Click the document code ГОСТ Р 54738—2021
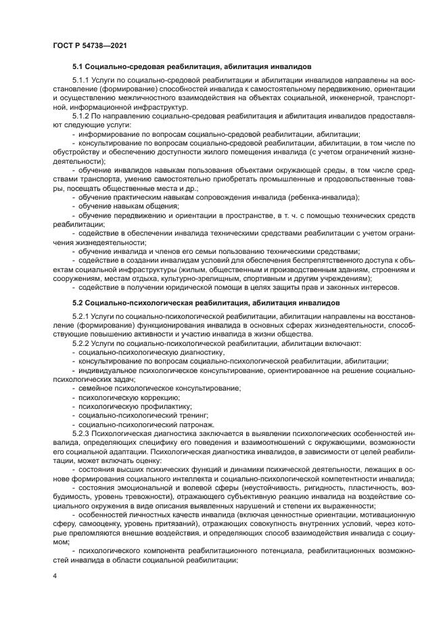pos(90,45)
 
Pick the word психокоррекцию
pos(107,396)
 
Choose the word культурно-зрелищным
pos(231,278)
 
